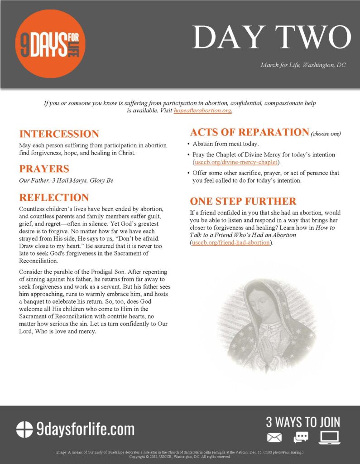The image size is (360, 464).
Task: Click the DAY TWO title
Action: coord(271,37)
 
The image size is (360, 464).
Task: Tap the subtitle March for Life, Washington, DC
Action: coord(303,65)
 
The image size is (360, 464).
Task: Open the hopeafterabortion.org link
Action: coord(202,111)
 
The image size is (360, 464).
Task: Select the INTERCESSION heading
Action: coord(59,134)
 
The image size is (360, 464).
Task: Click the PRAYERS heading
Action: coord(44,169)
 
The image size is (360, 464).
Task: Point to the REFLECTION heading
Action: coord(54,198)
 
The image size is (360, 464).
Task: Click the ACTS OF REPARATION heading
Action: coord(249,132)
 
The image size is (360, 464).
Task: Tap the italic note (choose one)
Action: coord(326,134)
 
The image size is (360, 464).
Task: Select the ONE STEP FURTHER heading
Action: coord(243,201)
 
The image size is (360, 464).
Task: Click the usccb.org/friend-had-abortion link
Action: coord(231,242)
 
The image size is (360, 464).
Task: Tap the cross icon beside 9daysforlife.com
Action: coord(25,429)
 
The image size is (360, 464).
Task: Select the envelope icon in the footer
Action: coord(274,437)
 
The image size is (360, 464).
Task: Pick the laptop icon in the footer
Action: coord(330,437)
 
